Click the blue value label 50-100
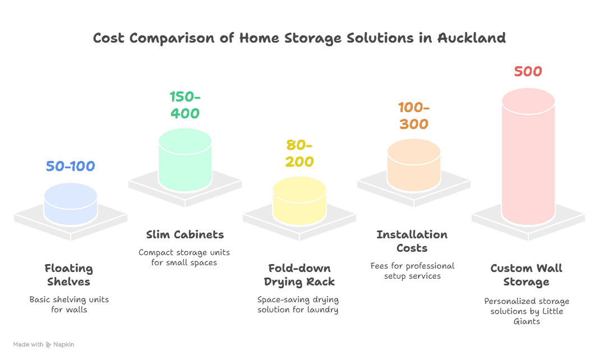click(71, 167)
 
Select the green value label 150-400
click(185, 105)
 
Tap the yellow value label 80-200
click(299, 154)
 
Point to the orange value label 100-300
click(414, 116)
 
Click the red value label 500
click(528, 72)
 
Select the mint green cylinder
click(185, 159)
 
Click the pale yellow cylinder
click(299, 200)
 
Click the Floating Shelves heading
click(71, 275)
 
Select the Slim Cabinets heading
click(185, 234)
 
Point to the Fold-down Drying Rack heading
click(299, 275)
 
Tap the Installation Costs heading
click(414, 241)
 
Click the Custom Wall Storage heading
click(528, 275)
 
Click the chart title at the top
click(299, 39)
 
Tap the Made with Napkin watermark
click(43, 344)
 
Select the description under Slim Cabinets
click(185, 257)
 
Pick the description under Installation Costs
click(414, 270)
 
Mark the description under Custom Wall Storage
click(528, 311)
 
